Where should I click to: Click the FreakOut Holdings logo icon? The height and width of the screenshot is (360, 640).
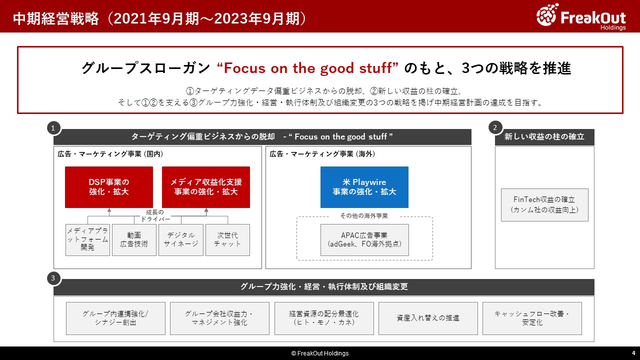[x=547, y=15]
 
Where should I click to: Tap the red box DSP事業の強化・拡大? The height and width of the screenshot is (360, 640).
[x=109, y=187]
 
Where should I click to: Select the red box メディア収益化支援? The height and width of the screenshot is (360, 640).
[x=206, y=187]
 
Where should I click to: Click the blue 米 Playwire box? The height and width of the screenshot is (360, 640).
[x=364, y=187]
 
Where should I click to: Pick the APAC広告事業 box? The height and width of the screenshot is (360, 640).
[x=364, y=240]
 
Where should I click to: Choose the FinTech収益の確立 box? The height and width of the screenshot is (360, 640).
[x=544, y=205]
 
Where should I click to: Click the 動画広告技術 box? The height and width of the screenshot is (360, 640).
[x=134, y=240]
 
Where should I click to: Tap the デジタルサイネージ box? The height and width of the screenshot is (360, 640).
[x=181, y=240]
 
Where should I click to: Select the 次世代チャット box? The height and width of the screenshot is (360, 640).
[x=227, y=240]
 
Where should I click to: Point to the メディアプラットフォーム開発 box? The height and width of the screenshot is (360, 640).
[x=87, y=240]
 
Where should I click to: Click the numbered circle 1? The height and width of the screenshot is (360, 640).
[x=53, y=128]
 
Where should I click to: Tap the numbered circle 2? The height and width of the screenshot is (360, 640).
[x=495, y=127]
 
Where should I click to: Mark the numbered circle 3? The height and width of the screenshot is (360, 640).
[x=53, y=278]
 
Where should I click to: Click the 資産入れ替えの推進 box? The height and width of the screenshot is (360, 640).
[x=428, y=318]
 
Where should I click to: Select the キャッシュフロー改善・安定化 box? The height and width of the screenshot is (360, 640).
[x=532, y=318]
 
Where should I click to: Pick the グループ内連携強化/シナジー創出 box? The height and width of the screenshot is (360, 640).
[x=115, y=318]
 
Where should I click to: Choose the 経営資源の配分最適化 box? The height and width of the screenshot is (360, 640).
[x=324, y=318]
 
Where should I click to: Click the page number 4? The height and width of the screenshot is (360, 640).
[x=633, y=353]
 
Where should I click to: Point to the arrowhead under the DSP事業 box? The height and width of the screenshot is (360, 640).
[x=109, y=210]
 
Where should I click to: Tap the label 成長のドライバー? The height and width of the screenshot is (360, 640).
[x=155, y=215]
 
